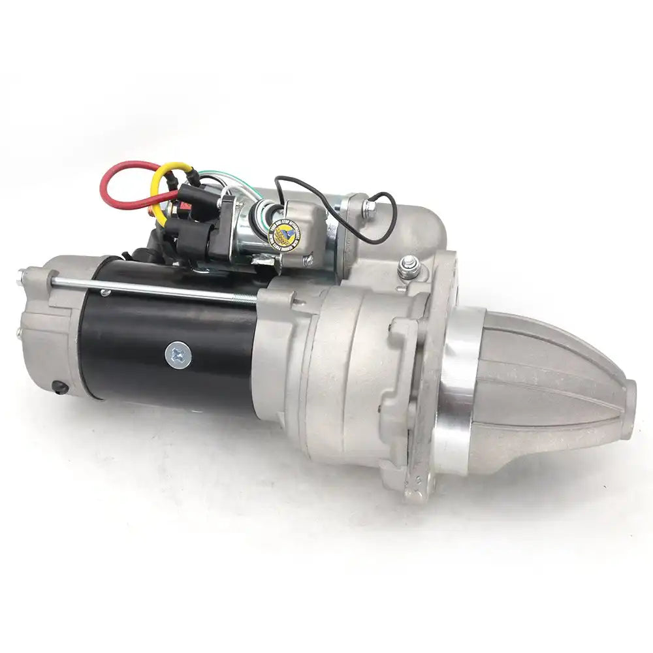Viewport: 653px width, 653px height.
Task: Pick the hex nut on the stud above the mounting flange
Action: (x=409, y=264)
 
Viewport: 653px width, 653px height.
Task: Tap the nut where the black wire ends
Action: (x=370, y=208)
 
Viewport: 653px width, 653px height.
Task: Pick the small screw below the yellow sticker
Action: (x=307, y=260)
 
